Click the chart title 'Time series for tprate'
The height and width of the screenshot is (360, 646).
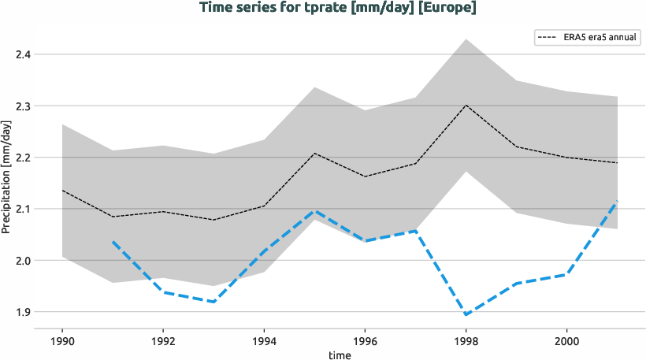[338, 8]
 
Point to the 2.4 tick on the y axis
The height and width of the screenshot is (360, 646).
[23, 54]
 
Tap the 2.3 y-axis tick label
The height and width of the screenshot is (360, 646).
[23, 106]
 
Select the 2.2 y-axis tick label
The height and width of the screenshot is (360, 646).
[23, 158]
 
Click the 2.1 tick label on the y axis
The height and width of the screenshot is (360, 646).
[23, 209]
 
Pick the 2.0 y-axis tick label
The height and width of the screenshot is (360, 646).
[23, 261]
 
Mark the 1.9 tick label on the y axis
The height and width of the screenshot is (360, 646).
[23, 312]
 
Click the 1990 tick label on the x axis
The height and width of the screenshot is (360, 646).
[61, 343]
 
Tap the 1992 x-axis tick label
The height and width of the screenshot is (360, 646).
[162, 343]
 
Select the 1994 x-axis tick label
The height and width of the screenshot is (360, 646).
[263, 343]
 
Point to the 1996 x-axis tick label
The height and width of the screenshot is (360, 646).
[364, 343]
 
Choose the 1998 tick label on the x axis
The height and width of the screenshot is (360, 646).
[465, 343]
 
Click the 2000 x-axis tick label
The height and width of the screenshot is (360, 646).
[566, 343]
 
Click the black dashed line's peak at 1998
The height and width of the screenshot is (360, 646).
[466, 105]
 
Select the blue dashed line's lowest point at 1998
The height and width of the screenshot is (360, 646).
[466, 315]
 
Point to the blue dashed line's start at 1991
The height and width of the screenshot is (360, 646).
[113, 241]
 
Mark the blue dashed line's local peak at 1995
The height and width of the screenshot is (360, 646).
[314, 211]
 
